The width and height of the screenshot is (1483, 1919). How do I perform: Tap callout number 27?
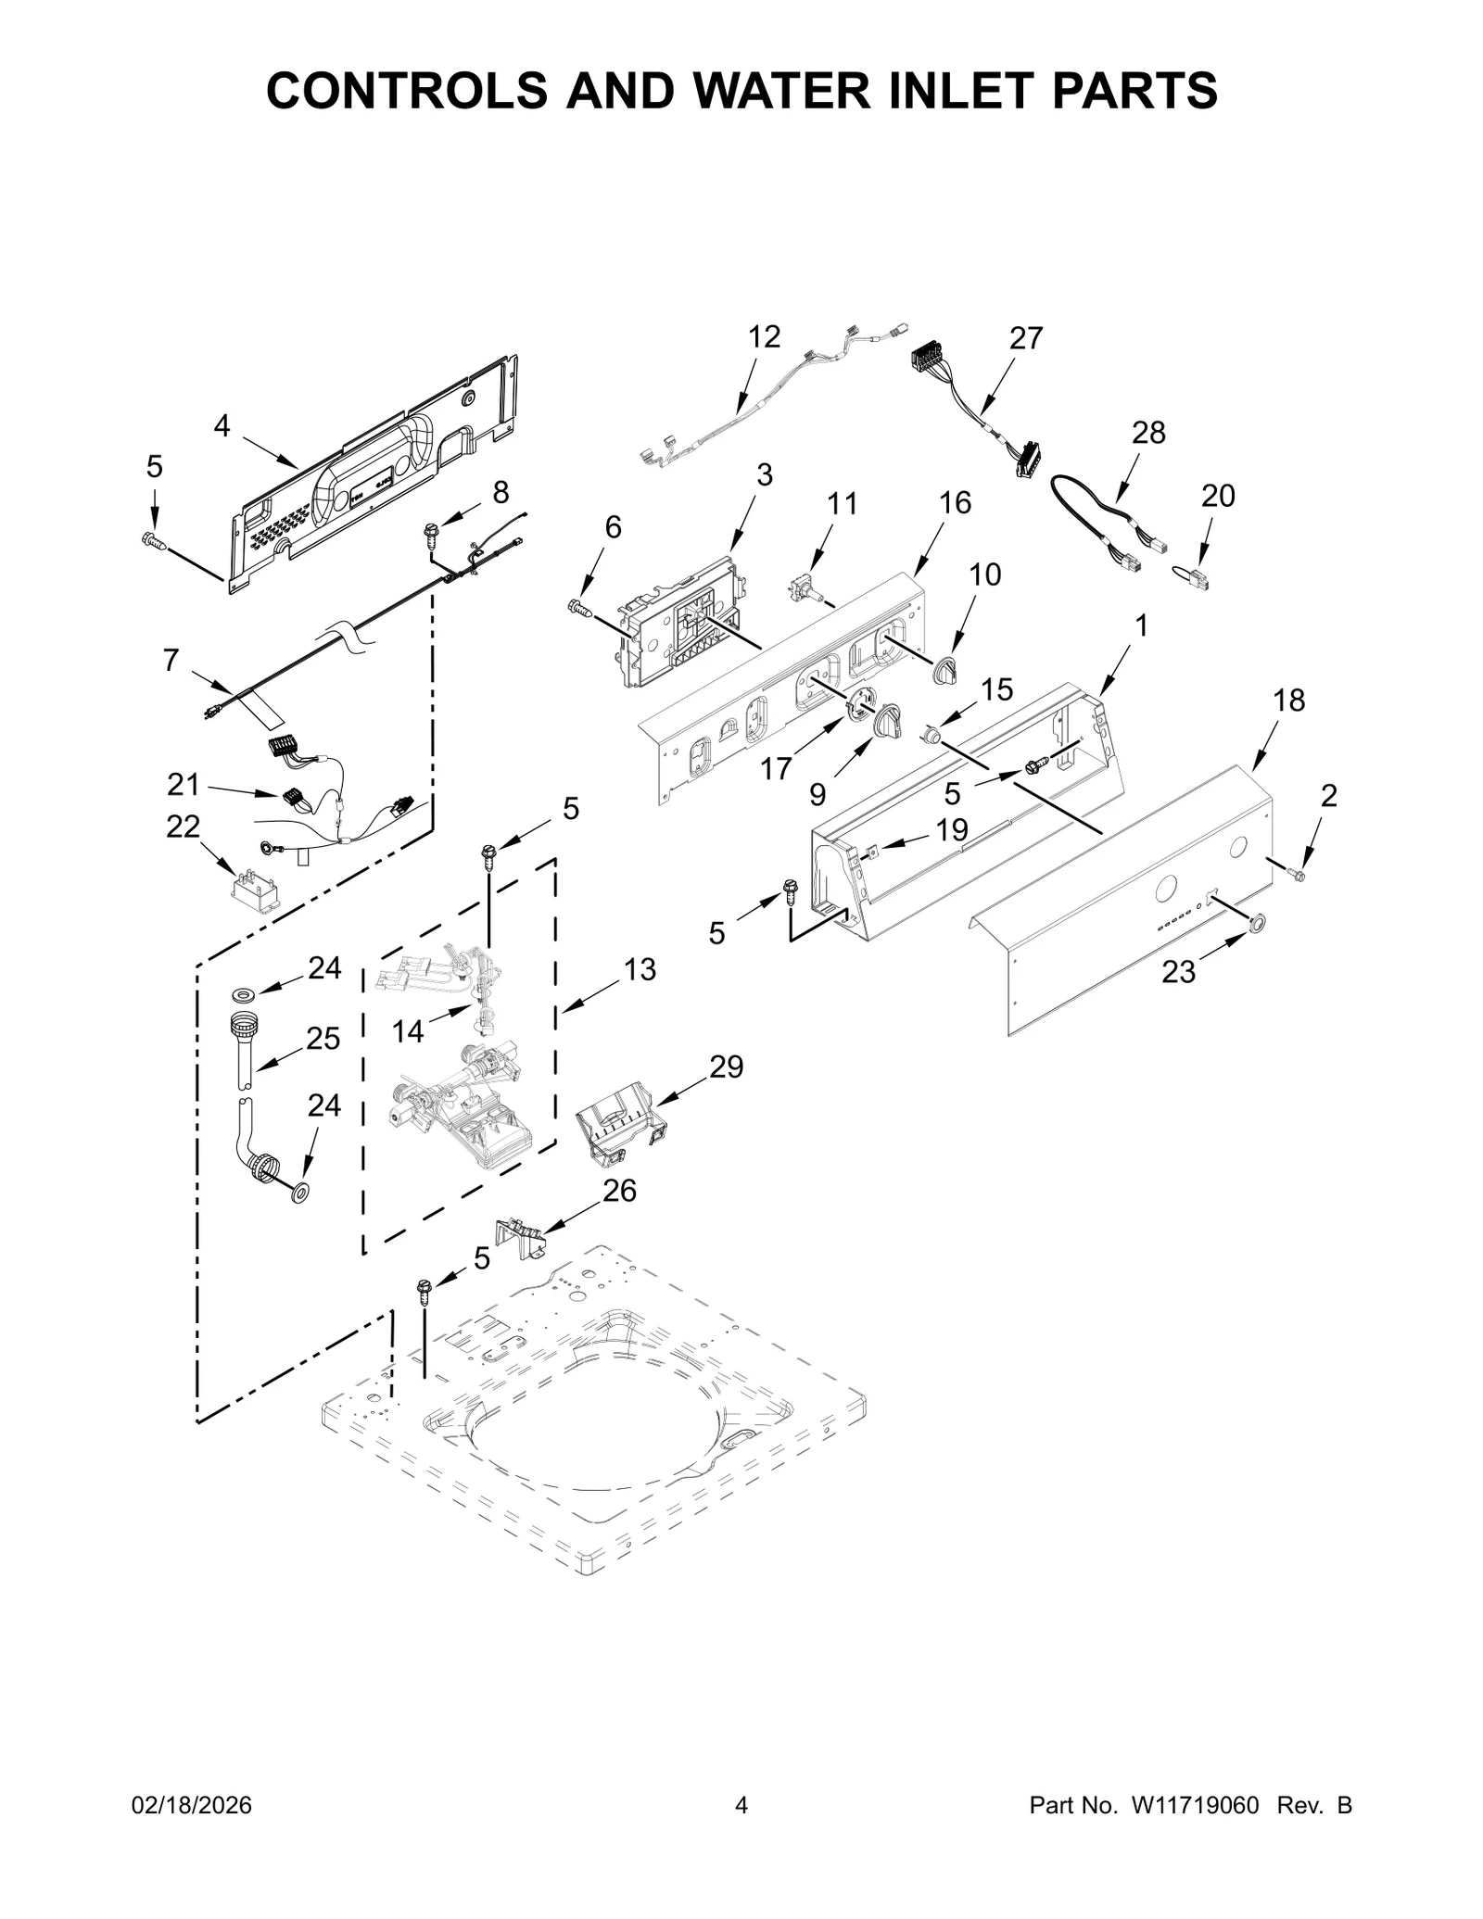[1026, 338]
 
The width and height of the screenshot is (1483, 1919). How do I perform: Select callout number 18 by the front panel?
[1288, 701]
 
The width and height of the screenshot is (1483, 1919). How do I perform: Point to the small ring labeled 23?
[1257, 923]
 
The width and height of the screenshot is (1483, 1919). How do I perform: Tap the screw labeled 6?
[579, 607]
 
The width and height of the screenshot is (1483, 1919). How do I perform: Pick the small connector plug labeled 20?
[1192, 582]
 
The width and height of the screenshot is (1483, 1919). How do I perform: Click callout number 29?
[727, 1067]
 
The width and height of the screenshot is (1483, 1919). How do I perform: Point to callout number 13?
[640, 970]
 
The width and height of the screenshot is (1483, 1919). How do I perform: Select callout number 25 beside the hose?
[323, 1038]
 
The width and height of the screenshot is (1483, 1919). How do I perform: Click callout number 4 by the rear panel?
[222, 426]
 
